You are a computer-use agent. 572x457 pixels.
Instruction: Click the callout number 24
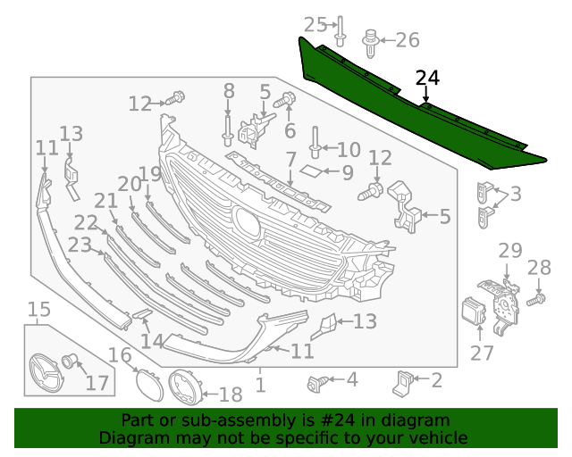tap(427, 79)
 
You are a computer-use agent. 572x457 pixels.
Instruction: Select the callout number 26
tap(407, 39)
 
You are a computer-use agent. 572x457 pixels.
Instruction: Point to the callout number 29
tap(509, 251)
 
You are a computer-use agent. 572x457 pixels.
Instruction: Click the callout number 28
tap(540, 268)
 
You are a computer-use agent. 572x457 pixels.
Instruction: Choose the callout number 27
tap(483, 353)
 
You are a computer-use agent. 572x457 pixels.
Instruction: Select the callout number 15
tap(38, 310)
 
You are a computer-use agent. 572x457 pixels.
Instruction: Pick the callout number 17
tap(97, 383)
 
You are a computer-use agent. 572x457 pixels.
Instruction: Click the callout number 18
tap(230, 394)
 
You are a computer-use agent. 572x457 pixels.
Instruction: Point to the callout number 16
tap(120, 356)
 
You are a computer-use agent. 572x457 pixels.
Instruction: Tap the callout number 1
tap(260, 385)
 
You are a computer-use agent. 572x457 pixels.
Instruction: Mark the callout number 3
tap(517, 194)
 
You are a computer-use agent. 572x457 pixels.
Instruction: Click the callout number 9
tap(347, 170)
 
